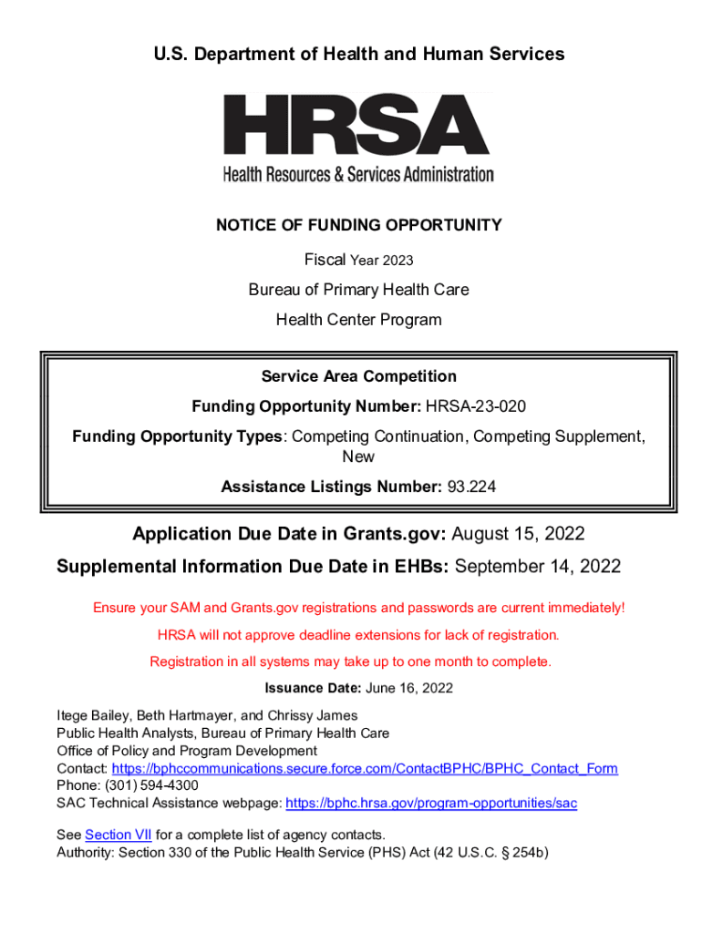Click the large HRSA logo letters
point(357,126)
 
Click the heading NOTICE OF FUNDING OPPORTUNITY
point(358,225)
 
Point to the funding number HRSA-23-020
point(475,405)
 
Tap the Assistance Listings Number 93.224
point(471,487)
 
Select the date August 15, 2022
point(518,534)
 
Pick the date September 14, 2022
point(538,567)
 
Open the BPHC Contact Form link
point(365,769)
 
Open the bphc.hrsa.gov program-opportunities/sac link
point(431,804)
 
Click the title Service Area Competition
point(358,376)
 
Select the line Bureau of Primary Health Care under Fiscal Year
point(358,290)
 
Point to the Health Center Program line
point(358,320)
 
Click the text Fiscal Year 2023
point(358,261)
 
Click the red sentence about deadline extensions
point(358,634)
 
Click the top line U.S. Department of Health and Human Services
point(358,55)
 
